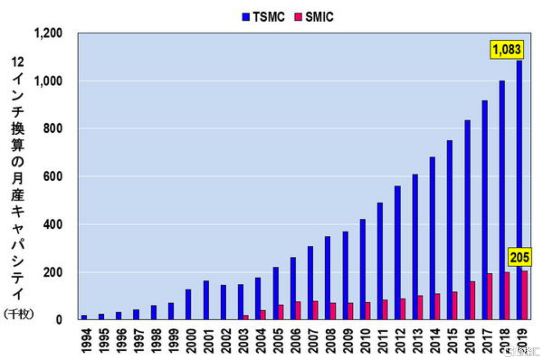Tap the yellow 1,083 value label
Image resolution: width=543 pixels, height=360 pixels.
tap(506, 50)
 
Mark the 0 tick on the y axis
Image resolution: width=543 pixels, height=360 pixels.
tap(59, 320)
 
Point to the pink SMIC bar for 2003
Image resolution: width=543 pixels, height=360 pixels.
tap(246, 317)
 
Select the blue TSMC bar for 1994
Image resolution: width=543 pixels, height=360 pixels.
tap(84, 317)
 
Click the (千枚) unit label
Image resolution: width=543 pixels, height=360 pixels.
tap(18, 314)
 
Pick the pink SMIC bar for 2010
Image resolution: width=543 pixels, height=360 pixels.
tap(368, 311)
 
